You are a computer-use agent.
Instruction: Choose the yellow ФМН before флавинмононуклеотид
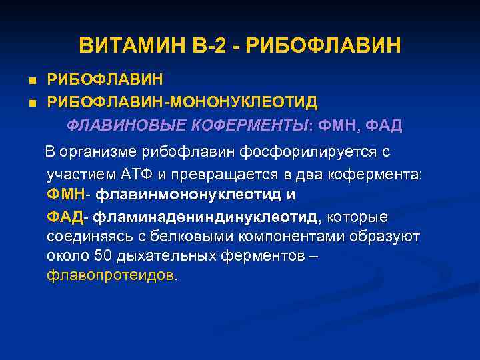(x=65, y=195)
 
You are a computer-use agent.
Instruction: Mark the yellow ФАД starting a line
(x=65, y=217)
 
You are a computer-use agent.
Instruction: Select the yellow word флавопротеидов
(x=109, y=275)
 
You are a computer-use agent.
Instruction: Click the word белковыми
(x=170, y=237)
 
